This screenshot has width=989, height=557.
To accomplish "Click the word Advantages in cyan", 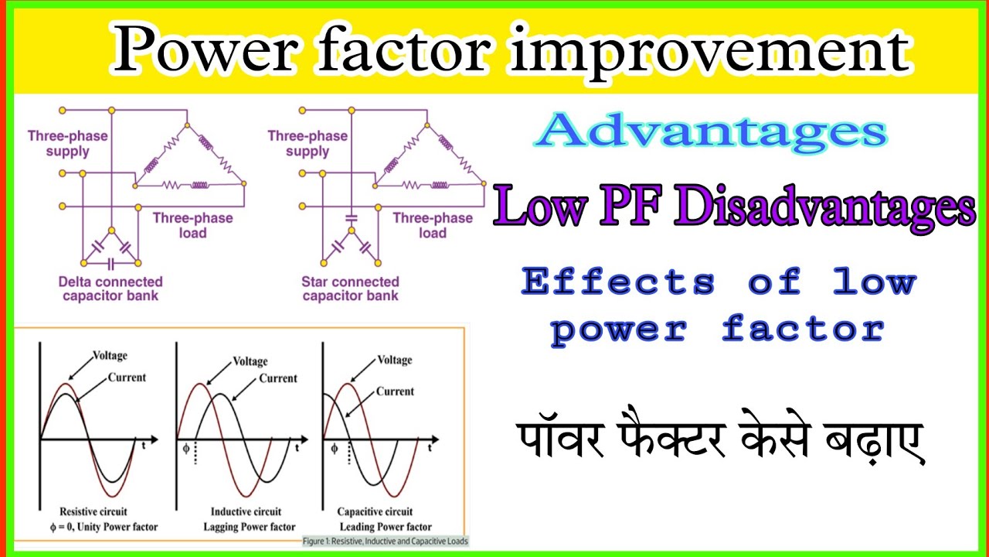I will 710,132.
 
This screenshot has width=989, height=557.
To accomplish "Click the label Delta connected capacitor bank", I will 110,289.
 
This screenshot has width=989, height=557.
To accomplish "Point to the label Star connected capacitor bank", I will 350,289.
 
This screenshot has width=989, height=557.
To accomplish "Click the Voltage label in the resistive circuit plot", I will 110,356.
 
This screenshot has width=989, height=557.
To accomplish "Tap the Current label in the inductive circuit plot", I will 278,378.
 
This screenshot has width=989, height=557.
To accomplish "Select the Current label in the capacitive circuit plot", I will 395,391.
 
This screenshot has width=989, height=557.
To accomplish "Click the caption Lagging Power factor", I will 253,527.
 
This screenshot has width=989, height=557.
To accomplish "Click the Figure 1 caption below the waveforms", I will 386,541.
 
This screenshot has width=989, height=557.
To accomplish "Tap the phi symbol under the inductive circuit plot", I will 185,446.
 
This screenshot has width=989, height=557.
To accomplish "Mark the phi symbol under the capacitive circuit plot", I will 334,447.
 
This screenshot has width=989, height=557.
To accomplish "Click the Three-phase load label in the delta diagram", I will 192,225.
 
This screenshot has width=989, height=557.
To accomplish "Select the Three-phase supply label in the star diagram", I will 308,143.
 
